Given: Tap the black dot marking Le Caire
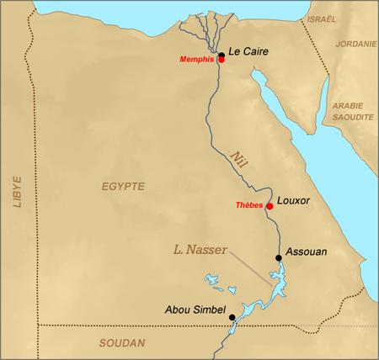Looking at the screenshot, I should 221,55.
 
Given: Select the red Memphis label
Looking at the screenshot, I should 197,61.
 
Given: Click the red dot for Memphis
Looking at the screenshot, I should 221,61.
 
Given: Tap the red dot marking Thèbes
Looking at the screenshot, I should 270,206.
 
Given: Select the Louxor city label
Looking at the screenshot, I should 295,202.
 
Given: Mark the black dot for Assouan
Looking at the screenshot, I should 279,258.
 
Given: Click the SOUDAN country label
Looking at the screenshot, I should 122,342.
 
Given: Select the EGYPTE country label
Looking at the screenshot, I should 123,185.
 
